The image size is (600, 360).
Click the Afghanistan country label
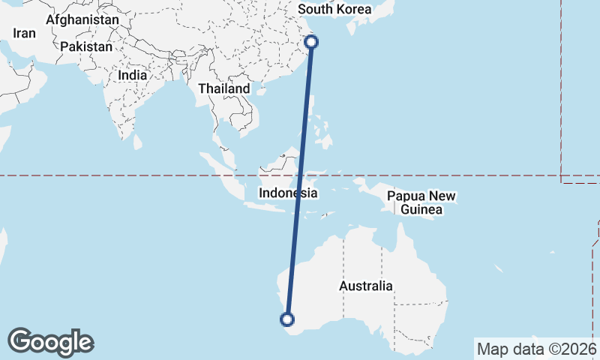[82, 19]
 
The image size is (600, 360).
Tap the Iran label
[24, 33]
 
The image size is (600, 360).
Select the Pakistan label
[86, 46]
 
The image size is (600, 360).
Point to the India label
[133, 75]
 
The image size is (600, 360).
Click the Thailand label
[223, 88]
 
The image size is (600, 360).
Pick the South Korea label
[334, 10]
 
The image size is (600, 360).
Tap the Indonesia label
[288, 193]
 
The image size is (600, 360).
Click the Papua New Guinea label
[421, 202]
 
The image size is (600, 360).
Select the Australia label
[366, 286]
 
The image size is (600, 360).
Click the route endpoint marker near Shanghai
[312, 42]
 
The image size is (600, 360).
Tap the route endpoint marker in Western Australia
[286, 319]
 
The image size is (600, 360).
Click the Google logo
[51, 342]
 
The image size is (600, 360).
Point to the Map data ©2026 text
[536, 348]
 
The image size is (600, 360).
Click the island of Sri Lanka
[137, 141]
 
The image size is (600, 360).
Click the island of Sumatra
[221, 171]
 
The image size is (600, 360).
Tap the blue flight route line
[300, 180]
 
